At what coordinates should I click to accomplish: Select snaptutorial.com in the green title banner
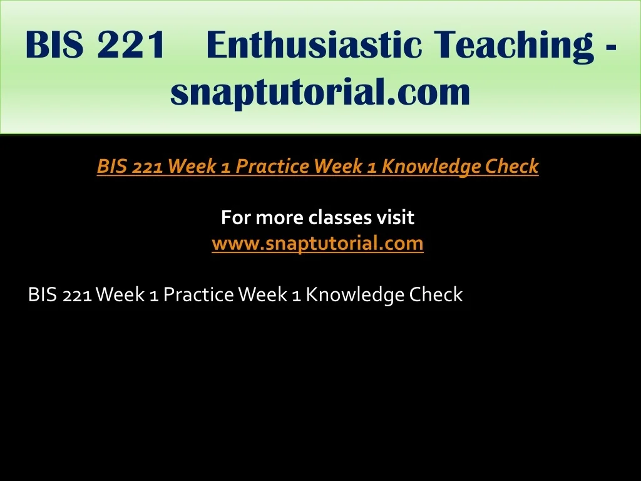320,92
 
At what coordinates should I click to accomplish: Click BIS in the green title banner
54,44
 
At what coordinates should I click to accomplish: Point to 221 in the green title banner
131,44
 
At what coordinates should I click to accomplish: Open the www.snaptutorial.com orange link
317,244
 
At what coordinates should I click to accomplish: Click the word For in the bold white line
236,217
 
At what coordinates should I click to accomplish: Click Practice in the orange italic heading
272,166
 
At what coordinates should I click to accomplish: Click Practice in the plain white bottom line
198,294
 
